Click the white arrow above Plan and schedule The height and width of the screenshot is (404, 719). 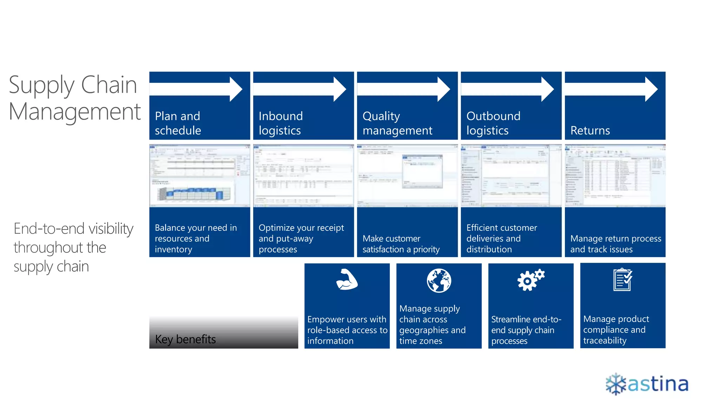point(197,89)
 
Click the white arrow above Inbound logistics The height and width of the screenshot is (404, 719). point(300,89)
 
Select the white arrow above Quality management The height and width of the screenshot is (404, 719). point(404,89)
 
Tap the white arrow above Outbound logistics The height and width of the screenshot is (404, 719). point(508,89)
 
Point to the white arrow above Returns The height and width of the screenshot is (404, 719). point(612,89)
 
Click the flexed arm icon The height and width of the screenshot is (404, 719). point(347,280)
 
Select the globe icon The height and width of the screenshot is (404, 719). point(439,281)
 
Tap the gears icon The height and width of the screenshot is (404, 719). point(530,280)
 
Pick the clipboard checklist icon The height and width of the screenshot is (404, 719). point(623,280)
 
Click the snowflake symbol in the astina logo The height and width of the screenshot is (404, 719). point(616,384)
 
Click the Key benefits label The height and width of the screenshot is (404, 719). point(185,339)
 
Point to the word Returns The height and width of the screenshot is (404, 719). point(590,130)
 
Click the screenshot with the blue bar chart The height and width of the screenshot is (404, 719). point(199,176)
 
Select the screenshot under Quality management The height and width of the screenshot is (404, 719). point(407,176)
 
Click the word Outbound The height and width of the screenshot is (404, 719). point(493,116)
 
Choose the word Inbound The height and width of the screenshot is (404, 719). point(281,116)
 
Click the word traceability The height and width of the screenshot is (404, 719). point(605,341)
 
